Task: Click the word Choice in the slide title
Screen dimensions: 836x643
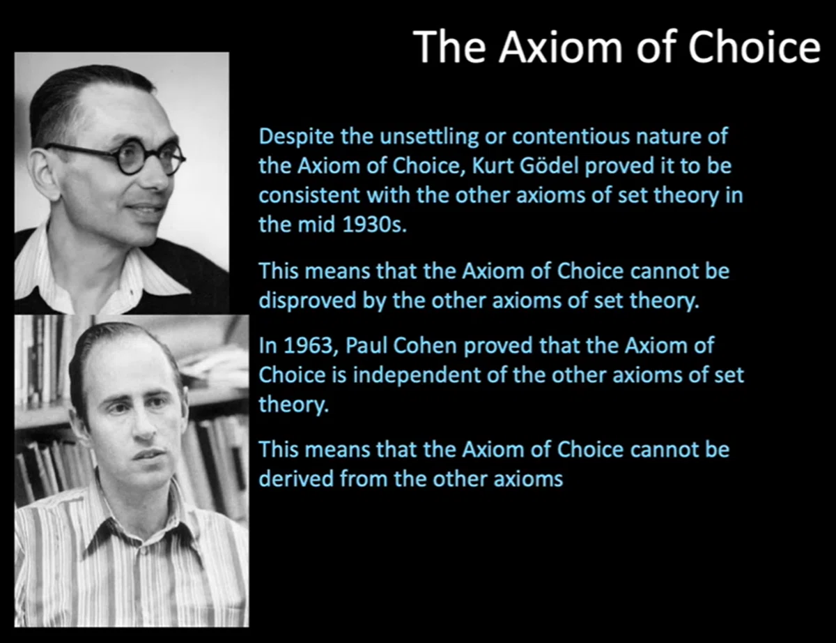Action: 754,47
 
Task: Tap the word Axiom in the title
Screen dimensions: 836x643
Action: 560,47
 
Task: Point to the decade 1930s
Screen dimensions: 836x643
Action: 374,224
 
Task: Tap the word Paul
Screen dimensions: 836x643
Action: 366,345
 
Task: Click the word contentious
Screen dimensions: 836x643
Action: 571,136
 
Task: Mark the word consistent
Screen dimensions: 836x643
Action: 309,195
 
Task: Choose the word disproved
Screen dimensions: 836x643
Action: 307,301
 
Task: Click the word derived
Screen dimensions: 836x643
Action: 296,478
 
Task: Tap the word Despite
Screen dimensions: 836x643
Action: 296,137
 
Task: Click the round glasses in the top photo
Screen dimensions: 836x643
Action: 116,158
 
